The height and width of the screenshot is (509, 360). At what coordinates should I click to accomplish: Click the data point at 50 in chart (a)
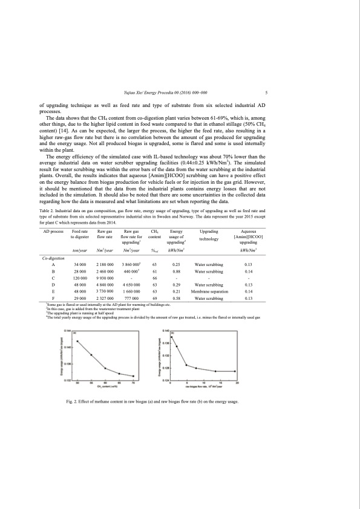77,342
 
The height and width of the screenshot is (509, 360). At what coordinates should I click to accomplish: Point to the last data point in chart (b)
235,371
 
